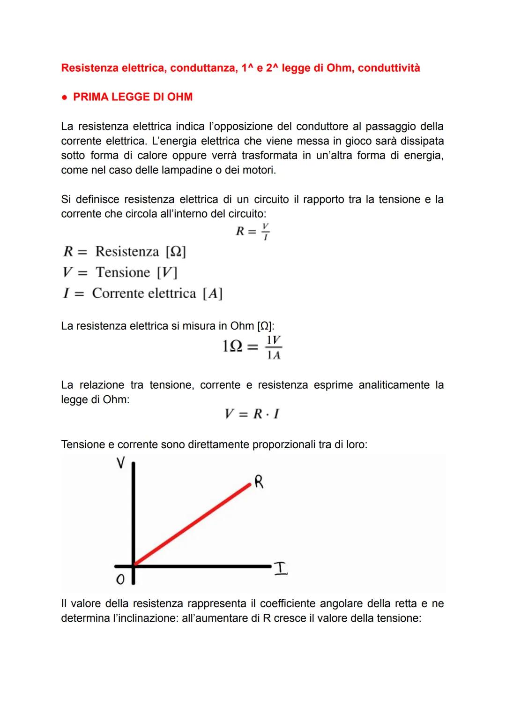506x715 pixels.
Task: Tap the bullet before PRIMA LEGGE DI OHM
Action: [x=64, y=97]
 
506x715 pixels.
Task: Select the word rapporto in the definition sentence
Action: [x=323, y=199]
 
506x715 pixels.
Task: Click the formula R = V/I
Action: [x=253, y=231]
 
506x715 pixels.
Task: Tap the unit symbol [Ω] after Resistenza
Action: [x=176, y=252]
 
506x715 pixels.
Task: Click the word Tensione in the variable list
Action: [x=123, y=272]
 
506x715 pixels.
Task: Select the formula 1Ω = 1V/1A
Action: [x=252, y=347]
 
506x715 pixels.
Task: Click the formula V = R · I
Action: [x=252, y=414]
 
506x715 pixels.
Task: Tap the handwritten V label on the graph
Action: [x=120, y=463]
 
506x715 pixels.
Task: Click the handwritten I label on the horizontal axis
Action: [x=281, y=568]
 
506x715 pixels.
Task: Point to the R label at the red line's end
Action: [x=259, y=482]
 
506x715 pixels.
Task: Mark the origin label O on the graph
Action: [x=120, y=580]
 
